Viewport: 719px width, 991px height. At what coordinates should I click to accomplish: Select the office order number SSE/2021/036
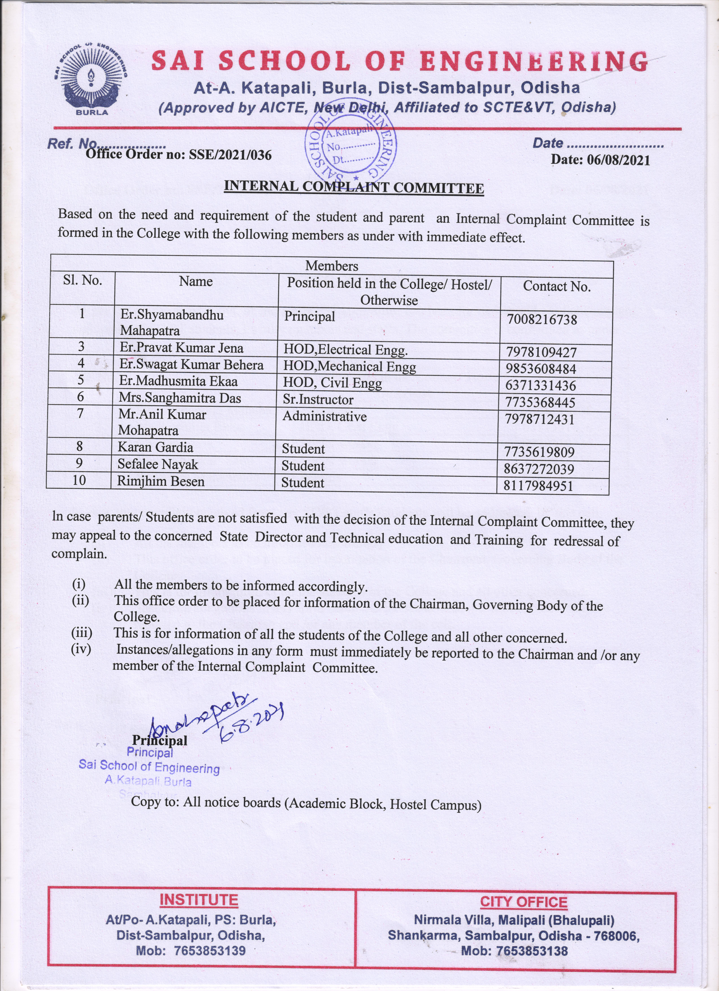pyautogui.click(x=178, y=155)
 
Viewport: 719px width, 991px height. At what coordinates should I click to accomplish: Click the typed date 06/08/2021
pyautogui.click(x=600, y=160)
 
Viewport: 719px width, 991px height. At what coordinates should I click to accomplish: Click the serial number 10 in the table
pyautogui.click(x=79, y=480)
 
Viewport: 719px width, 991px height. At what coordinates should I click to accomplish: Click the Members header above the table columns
pyautogui.click(x=331, y=266)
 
